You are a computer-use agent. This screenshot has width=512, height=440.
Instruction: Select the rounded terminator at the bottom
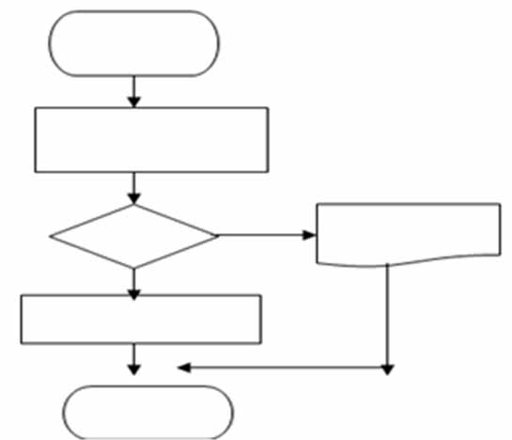pyautogui.click(x=148, y=411)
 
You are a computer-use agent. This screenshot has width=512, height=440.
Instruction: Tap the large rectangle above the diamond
pyautogui.click(x=151, y=139)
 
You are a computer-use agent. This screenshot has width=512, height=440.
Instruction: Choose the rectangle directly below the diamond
pyautogui.click(x=141, y=320)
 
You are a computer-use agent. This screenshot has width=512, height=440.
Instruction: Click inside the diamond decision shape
pyautogui.click(x=134, y=235)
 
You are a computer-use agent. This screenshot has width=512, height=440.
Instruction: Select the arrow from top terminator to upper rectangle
pyautogui.click(x=134, y=91)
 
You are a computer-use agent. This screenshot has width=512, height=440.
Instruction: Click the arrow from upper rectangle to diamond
pyautogui.click(x=134, y=188)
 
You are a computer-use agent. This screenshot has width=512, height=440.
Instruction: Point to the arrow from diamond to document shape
pyautogui.click(x=267, y=234)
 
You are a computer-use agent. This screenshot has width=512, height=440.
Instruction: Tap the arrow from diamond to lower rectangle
pyautogui.click(x=134, y=283)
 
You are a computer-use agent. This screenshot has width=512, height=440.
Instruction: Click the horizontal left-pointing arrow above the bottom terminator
pyautogui.click(x=282, y=367)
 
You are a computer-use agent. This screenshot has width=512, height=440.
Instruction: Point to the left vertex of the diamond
pyautogui.click(x=50, y=235)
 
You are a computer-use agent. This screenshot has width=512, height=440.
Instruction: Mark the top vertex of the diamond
pyautogui.click(x=134, y=204)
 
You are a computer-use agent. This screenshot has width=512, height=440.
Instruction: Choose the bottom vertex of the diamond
pyautogui.click(x=134, y=268)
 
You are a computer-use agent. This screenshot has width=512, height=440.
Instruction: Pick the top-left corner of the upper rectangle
pyautogui.click(x=35, y=107)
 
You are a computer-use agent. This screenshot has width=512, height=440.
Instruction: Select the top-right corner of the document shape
pyautogui.click(x=500, y=203)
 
